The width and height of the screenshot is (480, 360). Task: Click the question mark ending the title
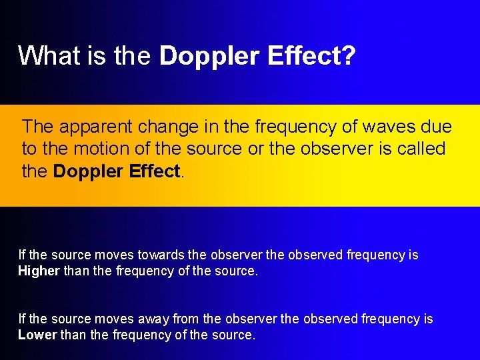(x=348, y=56)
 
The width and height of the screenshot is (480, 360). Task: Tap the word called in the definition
(x=420, y=148)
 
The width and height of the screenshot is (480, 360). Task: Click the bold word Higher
(x=39, y=271)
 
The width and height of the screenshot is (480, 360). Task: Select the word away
(x=154, y=319)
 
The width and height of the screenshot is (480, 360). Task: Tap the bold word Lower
(x=37, y=335)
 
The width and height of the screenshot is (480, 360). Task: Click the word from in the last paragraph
(x=186, y=319)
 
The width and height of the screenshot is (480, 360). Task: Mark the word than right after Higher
(x=75, y=271)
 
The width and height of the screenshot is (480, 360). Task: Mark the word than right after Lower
(x=73, y=335)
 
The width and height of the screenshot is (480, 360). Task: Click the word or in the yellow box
(x=256, y=148)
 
